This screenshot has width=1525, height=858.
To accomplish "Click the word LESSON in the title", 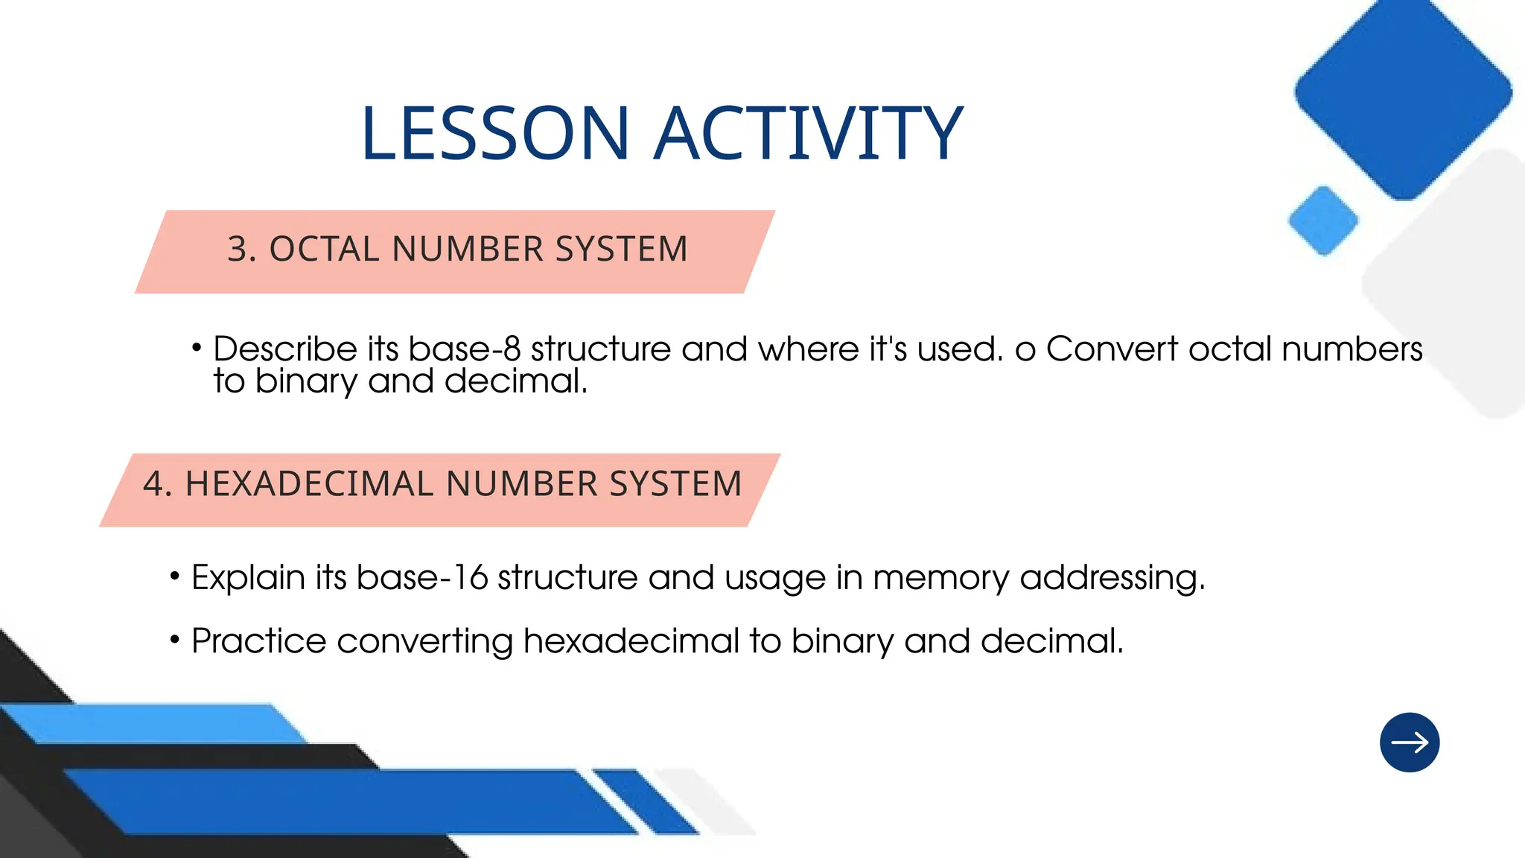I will point(495,134).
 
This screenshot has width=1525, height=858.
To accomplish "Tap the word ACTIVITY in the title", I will point(808,134).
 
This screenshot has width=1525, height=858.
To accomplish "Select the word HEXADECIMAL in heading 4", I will point(309,484).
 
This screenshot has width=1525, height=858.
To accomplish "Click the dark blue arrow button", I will point(1409,743).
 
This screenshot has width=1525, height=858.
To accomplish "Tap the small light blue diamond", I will point(1323,220).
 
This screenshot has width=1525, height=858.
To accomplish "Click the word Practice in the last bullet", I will point(258,641).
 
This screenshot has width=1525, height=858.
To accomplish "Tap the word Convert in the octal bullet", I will point(1112,349).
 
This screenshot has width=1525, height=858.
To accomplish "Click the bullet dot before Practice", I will point(175,640).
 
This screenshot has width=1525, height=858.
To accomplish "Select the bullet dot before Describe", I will point(197,348).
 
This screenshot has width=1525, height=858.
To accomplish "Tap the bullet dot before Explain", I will point(175,576).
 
